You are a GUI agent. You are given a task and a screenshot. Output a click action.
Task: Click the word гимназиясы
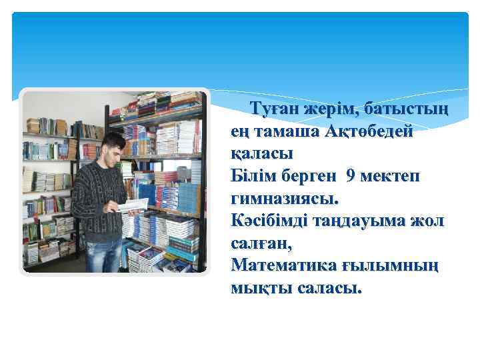pos(285,199)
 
